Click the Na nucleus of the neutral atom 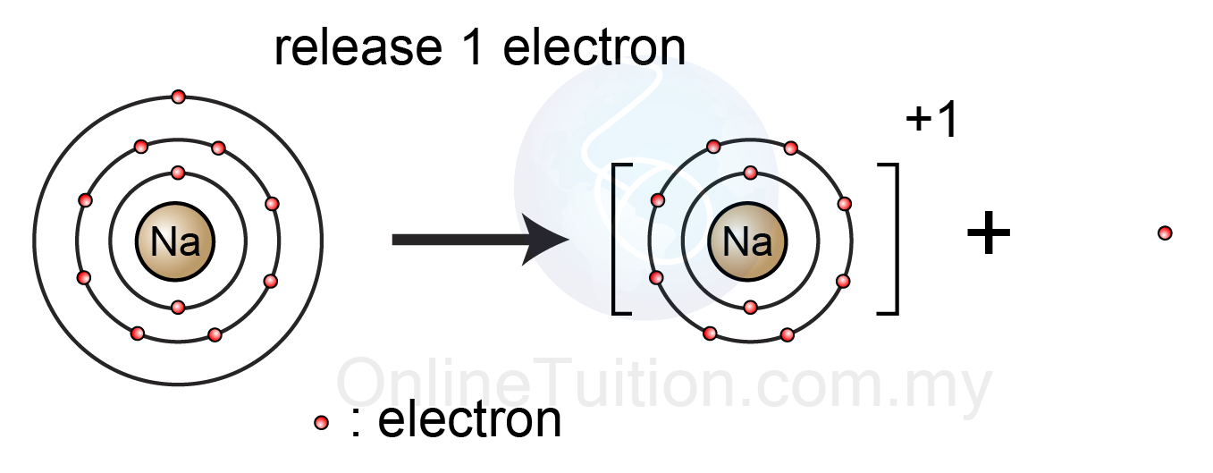(x=175, y=241)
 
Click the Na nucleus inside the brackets (x=747, y=241)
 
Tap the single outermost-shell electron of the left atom (x=178, y=97)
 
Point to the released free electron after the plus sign (x=1165, y=233)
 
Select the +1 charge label (x=931, y=122)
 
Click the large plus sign (x=989, y=235)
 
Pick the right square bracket (x=888, y=239)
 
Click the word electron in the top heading (x=594, y=48)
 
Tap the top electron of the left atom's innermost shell (x=177, y=173)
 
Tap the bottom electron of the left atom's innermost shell (x=177, y=308)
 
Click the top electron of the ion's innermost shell (x=750, y=173)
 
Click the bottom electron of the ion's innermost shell (x=750, y=308)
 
